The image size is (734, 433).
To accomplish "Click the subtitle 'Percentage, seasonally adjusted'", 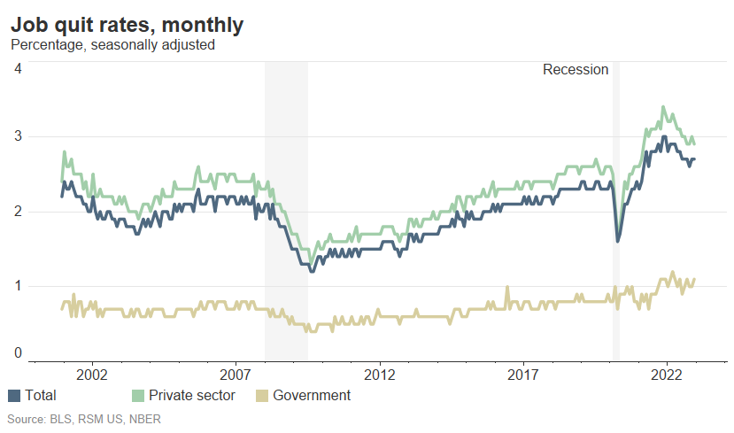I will (x=112, y=44).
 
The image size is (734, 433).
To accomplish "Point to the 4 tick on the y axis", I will (x=18, y=68).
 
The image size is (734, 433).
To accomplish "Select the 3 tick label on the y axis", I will (x=18, y=136).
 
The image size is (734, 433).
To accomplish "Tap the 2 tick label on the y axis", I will (x=18, y=212).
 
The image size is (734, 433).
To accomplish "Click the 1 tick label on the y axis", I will (x=18, y=286).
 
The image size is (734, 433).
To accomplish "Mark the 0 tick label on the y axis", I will (x=18, y=353).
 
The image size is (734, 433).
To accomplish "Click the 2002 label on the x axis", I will (x=92, y=375).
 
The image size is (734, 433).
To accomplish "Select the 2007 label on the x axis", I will (x=236, y=375).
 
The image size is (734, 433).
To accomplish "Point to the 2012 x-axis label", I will (x=380, y=375).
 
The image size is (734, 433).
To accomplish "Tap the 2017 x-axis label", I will (x=524, y=375).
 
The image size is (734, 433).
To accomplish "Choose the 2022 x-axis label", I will (x=668, y=375).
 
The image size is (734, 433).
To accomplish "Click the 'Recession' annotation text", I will (x=576, y=69).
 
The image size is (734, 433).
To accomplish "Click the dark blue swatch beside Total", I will (x=14, y=396).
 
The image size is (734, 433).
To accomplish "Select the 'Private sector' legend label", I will (x=192, y=396).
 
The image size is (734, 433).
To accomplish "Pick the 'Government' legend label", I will (x=311, y=396).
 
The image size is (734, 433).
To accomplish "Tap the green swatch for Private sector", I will (x=137, y=396).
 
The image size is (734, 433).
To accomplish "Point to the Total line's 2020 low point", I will (x=617, y=241).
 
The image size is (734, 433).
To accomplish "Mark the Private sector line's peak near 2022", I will (x=663, y=107).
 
